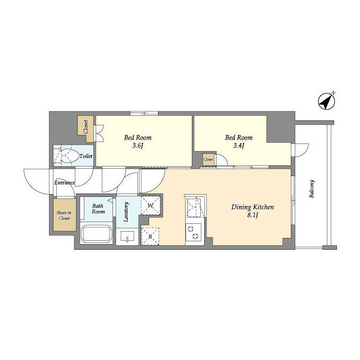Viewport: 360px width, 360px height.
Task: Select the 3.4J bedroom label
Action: tap(238, 142)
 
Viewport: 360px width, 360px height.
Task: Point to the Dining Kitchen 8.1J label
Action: tap(253, 211)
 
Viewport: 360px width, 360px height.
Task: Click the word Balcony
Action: tap(312, 190)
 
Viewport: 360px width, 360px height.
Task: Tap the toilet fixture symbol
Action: tap(66, 156)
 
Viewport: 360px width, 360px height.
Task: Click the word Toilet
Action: tap(86, 156)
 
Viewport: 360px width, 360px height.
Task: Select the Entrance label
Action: tap(65, 183)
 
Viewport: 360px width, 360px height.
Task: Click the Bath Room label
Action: tap(98, 208)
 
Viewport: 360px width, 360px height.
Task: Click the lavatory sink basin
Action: tap(127, 237)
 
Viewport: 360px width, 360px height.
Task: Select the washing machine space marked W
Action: tap(151, 206)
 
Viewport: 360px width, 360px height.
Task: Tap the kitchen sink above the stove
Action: tap(195, 208)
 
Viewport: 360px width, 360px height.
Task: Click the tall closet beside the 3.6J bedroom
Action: tap(86, 127)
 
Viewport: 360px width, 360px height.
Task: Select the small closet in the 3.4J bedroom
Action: tap(209, 160)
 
